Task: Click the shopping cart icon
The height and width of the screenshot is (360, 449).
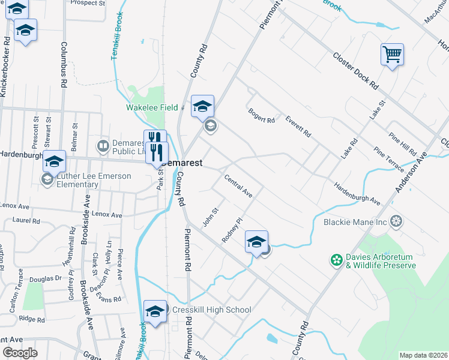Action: click(x=392, y=55)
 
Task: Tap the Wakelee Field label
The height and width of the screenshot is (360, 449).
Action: click(x=151, y=108)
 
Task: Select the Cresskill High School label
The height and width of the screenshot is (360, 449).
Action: click(x=211, y=310)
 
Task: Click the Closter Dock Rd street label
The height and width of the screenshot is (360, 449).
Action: click(x=355, y=70)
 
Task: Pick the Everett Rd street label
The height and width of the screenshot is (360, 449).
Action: click(x=298, y=125)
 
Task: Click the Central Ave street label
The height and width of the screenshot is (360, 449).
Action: click(x=238, y=186)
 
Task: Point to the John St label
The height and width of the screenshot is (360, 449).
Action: click(x=209, y=217)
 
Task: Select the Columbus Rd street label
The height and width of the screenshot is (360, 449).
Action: click(x=63, y=66)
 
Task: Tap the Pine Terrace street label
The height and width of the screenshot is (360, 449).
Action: click(x=388, y=158)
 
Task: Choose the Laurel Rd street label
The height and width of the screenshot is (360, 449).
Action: click(x=28, y=220)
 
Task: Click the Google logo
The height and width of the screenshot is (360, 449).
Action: click(x=20, y=353)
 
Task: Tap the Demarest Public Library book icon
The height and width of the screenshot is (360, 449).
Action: click(x=103, y=146)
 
